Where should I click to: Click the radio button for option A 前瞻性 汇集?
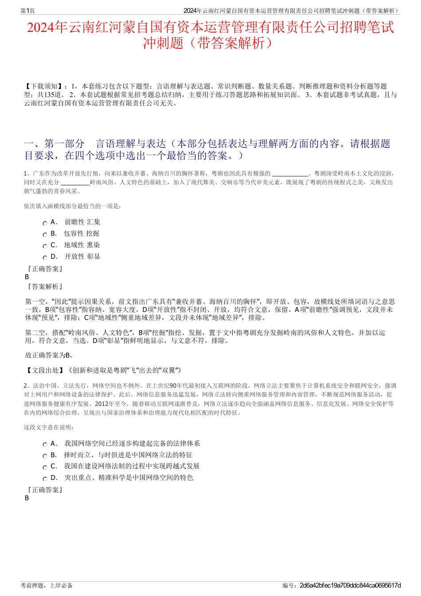tap(45, 223)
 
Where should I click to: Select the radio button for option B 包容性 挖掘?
tap(45, 235)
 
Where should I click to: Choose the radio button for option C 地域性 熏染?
tap(45, 246)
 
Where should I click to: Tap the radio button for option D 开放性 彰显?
tap(45, 258)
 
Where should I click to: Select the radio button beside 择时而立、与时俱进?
tap(45, 456)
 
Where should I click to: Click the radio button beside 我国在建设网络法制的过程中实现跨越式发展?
tap(45, 467)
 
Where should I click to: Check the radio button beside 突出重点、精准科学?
tap(45, 479)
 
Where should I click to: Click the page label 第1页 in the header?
tap(27, 11)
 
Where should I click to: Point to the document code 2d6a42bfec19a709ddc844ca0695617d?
tap(350, 585)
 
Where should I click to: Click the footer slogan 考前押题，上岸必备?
tap(47, 585)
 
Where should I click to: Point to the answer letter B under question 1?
tap(27, 277)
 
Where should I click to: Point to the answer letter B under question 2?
tap(27, 498)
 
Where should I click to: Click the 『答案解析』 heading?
tap(44, 287)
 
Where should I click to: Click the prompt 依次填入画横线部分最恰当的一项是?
tap(73, 206)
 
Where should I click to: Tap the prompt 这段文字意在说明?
tap(49, 428)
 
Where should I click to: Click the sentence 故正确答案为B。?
tap(50, 355)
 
